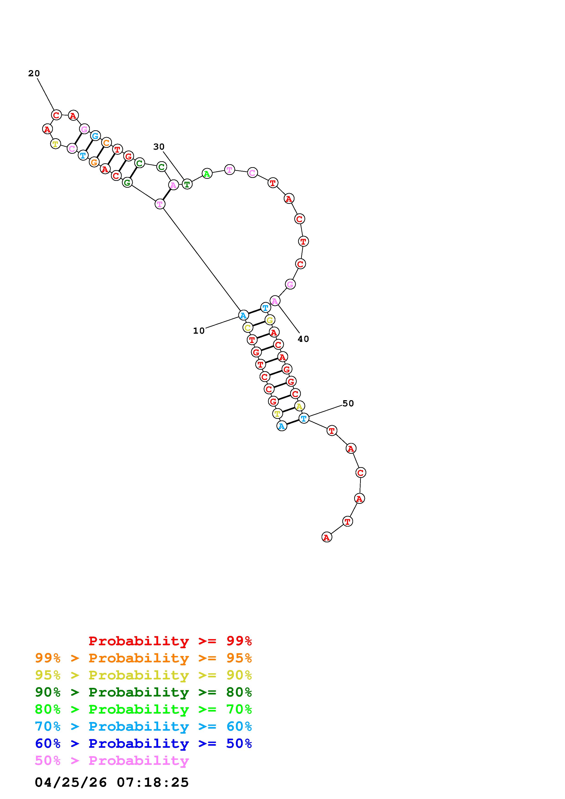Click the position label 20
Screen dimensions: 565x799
coord(34,73)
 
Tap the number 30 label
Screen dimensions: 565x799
coord(159,147)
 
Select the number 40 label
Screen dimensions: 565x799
coord(303,339)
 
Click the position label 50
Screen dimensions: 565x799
coord(348,403)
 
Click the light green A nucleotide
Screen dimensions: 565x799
coord(207,173)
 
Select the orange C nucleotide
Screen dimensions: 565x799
coord(106,142)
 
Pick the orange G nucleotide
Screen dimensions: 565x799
coord(94,162)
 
